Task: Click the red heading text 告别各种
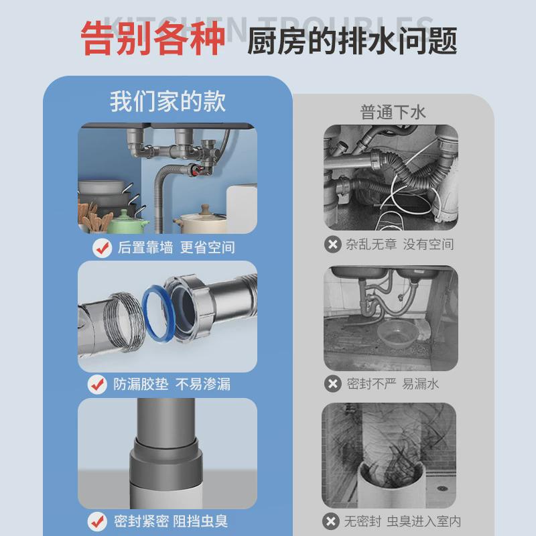coord(153,39)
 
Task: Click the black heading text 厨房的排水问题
coord(352,41)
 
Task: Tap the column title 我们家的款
coord(167,101)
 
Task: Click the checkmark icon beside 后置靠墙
coord(102,247)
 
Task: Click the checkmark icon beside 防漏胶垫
coord(98,384)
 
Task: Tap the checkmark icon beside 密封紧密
coord(98,520)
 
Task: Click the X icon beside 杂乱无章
coord(332,245)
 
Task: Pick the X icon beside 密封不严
coord(332,383)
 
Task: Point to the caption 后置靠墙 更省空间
coord(176,247)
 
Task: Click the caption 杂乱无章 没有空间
coord(400,245)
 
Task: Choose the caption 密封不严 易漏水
coord(393,383)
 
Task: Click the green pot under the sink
coord(127,221)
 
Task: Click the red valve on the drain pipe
coord(196,170)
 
